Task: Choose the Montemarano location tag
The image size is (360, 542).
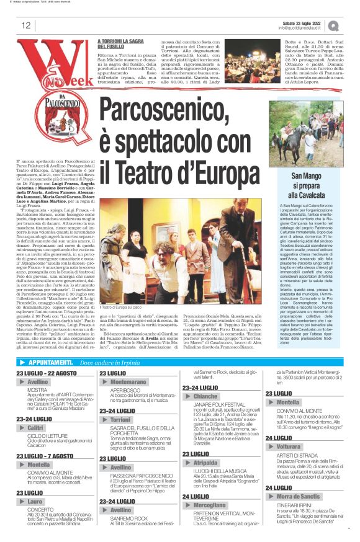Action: (x=128, y=382)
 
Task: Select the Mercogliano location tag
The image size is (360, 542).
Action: (x=210, y=506)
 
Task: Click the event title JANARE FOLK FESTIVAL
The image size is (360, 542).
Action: (x=217, y=405)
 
